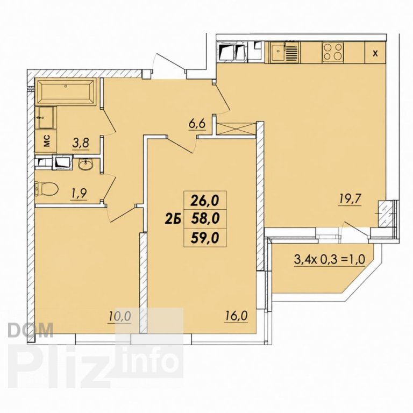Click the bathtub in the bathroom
tap(65, 92)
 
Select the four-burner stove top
tap(333, 52)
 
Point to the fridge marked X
tap(375, 53)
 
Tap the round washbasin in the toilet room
tap(85, 164)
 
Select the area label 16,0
tap(236, 315)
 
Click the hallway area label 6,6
tap(196, 124)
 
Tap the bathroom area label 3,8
tap(81, 144)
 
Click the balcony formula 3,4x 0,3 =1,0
tap(329, 260)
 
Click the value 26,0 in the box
tap(205, 201)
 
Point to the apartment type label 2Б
tap(173, 219)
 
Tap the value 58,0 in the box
tap(205, 219)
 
